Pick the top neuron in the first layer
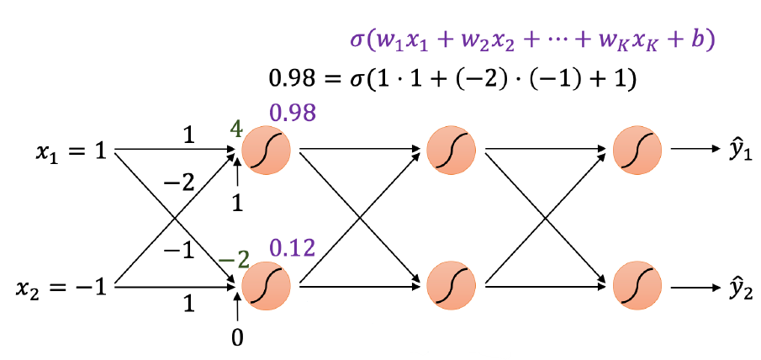point(266,152)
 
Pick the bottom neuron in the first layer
point(266,287)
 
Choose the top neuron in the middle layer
point(452,152)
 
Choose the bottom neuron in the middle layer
point(452,287)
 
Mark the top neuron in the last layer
point(637,152)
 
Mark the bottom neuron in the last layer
point(637,287)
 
